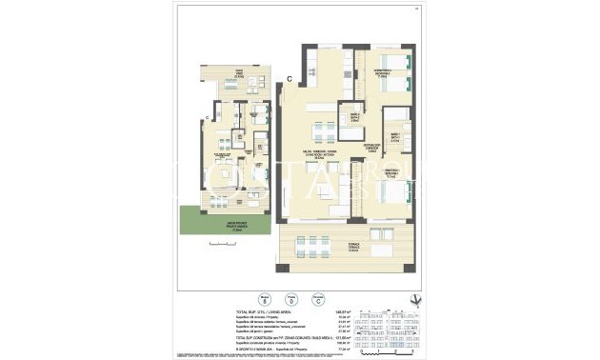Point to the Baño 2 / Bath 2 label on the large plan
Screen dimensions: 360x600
[353, 116]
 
